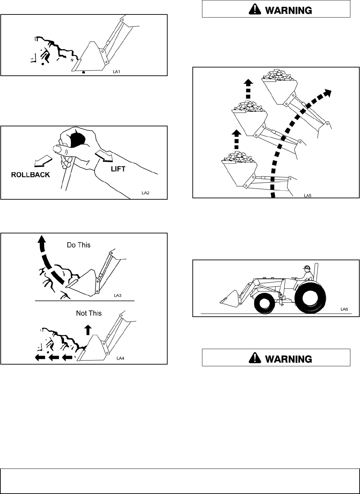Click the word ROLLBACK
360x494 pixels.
pos(31,175)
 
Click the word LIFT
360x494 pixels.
pos(118,169)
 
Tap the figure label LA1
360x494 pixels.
pos(118,72)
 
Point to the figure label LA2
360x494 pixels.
pos(146,192)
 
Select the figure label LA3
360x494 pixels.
pos(118,295)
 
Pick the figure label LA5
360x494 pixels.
pos(307,195)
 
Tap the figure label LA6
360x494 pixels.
pos(344,309)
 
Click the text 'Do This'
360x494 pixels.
pos(79,245)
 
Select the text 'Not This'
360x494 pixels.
pos(89,313)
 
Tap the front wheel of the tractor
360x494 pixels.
pos(264,304)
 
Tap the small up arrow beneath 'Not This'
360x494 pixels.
pos(88,329)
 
